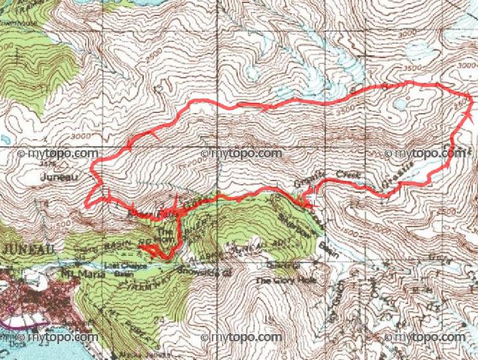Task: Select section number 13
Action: pyautogui.click(x=158, y=89)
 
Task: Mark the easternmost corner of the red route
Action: pyautogui.click(x=472, y=102)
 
